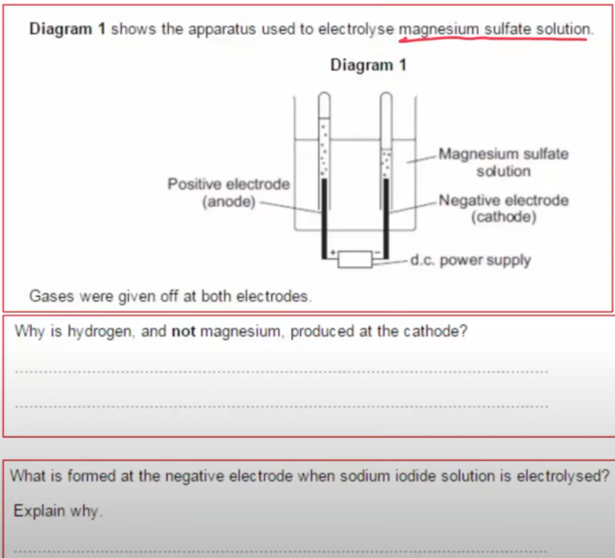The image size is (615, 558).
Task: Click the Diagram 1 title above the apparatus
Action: [368, 65]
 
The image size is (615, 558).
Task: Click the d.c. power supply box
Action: [355, 259]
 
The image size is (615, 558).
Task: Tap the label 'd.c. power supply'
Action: [470, 260]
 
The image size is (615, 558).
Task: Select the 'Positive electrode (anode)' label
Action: [229, 192]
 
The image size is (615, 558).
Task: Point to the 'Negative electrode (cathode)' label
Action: [504, 208]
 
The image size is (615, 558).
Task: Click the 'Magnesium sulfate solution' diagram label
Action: [504, 163]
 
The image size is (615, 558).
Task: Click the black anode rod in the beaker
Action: [324, 218]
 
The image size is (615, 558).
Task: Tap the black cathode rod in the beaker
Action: [386, 218]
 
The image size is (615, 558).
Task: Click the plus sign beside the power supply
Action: [333, 252]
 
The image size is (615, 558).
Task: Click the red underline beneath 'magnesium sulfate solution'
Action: [493, 39]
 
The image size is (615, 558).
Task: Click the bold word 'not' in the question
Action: [184, 332]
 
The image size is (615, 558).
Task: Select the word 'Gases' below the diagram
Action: [51, 296]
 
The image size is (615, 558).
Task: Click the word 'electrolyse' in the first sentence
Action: [356, 29]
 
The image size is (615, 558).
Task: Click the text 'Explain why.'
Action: [58, 511]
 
